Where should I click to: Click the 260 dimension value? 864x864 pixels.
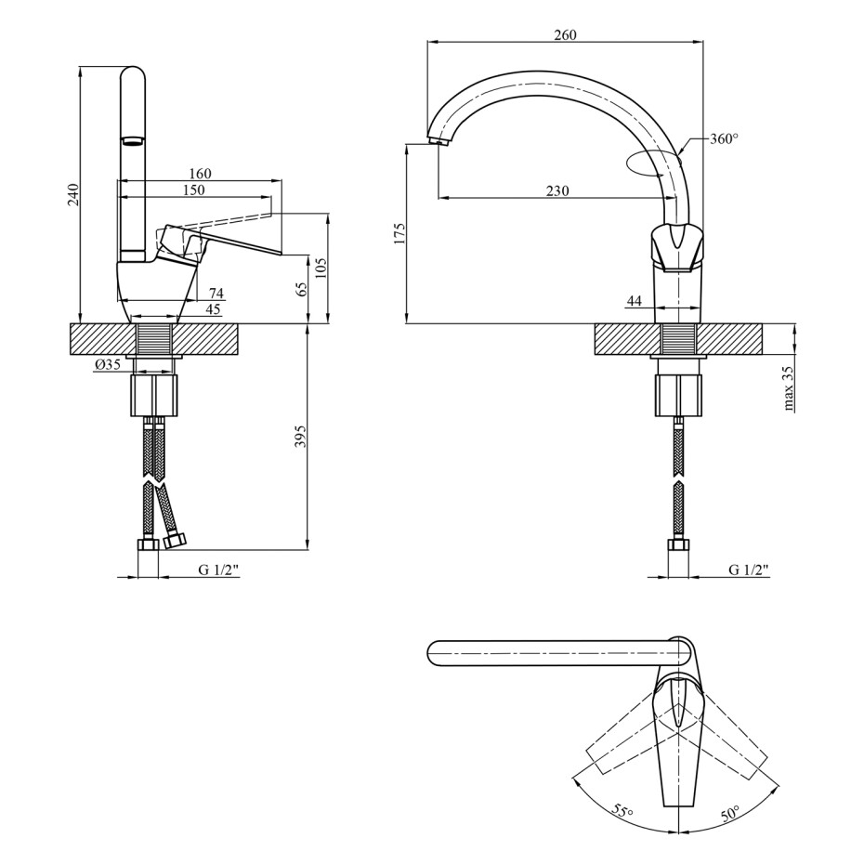[566, 34]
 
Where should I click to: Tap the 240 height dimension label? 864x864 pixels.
[73, 194]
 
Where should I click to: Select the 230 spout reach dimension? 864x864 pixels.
[557, 190]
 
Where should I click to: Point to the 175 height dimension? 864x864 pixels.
[399, 233]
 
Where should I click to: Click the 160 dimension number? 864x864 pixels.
[200, 174]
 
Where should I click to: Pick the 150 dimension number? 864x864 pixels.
[193, 190]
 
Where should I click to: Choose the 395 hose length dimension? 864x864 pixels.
[300, 436]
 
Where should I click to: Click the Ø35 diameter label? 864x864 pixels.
[107, 364]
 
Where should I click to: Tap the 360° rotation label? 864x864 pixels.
[724, 138]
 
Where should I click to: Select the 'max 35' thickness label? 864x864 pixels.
[789, 388]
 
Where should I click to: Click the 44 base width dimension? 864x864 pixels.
[635, 301]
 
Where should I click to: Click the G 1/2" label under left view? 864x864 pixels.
[219, 569]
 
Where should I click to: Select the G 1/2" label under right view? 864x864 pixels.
[749, 569]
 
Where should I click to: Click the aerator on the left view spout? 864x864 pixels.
[133, 141]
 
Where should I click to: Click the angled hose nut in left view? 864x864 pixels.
[176, 541]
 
